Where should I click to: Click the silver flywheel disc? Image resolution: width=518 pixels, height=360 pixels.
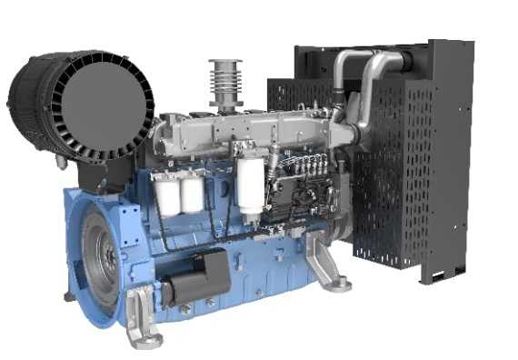(x=100, y=258)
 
